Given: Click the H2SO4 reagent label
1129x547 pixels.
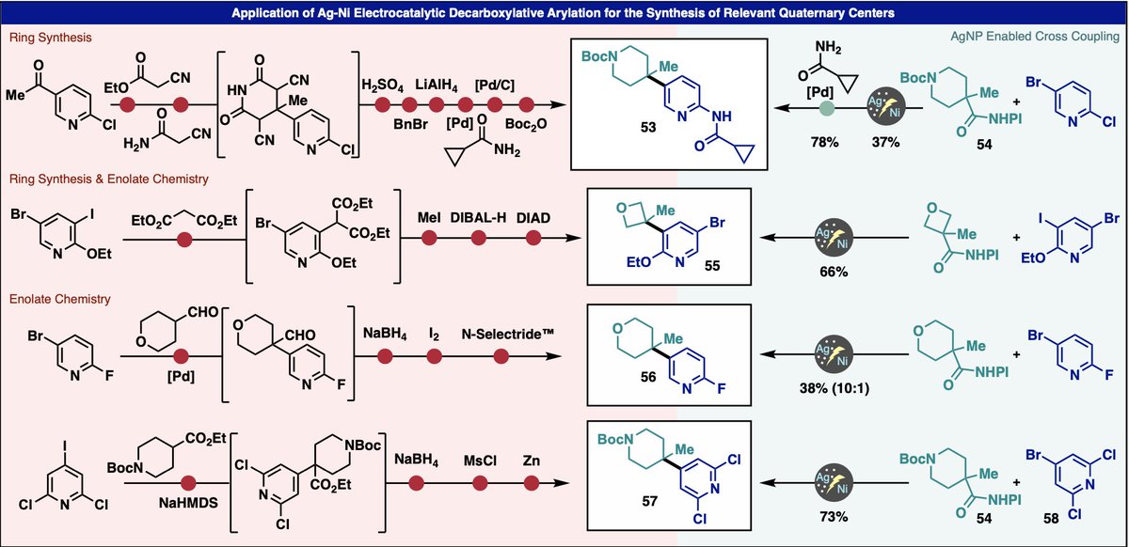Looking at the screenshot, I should point(381,86).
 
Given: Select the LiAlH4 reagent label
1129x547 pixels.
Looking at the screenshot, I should point(440,86).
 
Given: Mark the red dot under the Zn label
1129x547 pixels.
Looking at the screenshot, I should point(532,483).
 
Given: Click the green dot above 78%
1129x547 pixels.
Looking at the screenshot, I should point(825,109).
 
